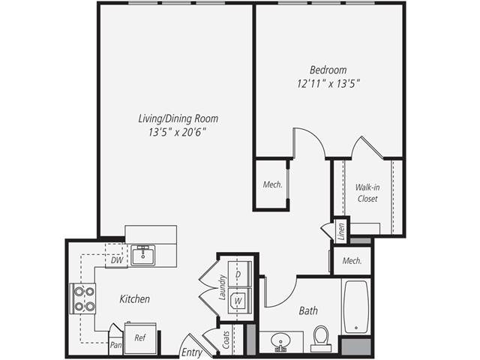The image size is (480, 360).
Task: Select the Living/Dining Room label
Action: click(178, 118)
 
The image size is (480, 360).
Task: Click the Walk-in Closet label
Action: click(367, 192)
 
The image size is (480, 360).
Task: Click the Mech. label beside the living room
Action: click(272, 184)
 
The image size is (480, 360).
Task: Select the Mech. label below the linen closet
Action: click(352, 261)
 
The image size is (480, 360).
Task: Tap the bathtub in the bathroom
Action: click(355, 307)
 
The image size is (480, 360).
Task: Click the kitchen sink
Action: click(142, 255)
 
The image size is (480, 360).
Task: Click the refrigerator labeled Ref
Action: click(139, 338)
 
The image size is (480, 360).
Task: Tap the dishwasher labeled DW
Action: click(116, 260)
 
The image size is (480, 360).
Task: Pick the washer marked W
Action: click(238, 301)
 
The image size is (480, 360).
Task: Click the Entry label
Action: click(191, 352)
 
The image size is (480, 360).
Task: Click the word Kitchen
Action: click(135, 299)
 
